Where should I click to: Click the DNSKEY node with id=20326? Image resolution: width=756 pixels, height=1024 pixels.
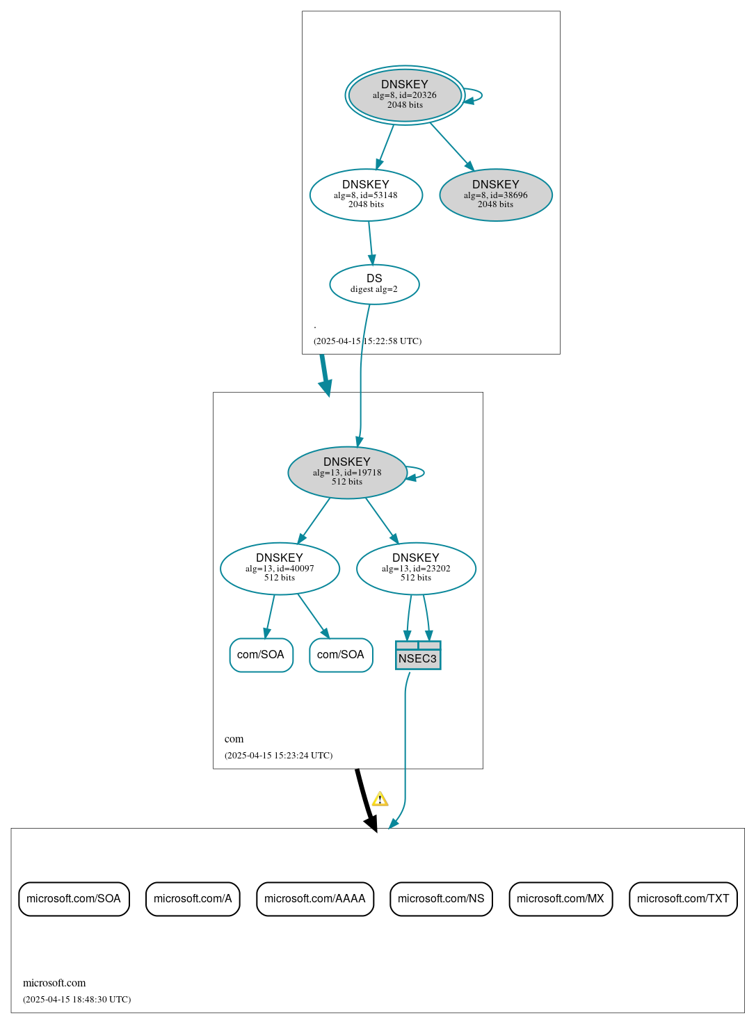coord(405,95)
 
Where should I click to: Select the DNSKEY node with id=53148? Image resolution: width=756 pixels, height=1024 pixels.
coord(366,195)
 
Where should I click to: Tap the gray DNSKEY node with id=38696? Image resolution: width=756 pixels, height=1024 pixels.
coord(496,195)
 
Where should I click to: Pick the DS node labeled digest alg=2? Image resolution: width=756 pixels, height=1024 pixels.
coord(374,284)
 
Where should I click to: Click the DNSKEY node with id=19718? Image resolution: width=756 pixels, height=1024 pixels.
coord(347,473)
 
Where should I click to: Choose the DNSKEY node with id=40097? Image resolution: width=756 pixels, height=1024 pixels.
coord(280,569)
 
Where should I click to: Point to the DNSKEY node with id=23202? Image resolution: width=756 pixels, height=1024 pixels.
coord(416,569)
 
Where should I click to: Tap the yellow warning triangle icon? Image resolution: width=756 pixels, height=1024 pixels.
coord(380,799)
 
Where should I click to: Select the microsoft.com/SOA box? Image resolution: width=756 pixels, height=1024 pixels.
coord(74,899)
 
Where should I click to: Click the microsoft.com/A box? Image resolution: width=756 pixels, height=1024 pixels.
coord(193,899)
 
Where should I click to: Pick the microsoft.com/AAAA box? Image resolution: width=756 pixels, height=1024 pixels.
coord(315,899)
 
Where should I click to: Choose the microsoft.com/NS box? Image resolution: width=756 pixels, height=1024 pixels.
coord(441,899)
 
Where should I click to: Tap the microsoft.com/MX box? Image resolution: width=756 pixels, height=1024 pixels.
coord(561,899)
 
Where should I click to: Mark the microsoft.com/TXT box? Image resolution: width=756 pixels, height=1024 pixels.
coord(683,899)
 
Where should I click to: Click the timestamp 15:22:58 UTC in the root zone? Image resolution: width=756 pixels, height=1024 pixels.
coord(367,341)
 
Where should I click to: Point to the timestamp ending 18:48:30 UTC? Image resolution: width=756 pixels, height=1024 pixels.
coord(77,1000)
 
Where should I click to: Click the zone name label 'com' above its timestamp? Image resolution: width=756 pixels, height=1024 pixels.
coord(234,739)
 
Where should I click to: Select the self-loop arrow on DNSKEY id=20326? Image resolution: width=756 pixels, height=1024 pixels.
coord(478,95)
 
